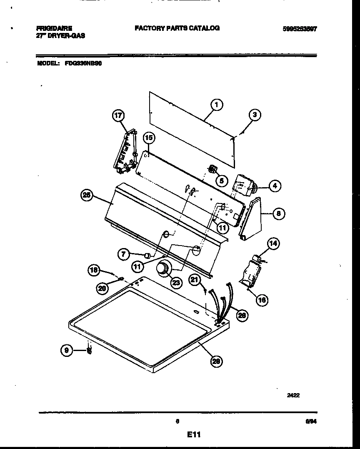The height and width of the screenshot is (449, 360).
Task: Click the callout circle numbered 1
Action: click(216, 105)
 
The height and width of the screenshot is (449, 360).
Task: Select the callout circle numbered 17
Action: click(119, 116)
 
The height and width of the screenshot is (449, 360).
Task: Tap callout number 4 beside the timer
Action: click(275, 186)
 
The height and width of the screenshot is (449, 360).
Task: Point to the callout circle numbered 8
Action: click(278, 214)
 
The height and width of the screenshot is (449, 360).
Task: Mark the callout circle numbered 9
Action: click(66, 351)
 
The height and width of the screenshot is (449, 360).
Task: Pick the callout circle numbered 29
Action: click(216, 361)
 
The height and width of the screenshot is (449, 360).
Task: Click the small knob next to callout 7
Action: click(146, 255)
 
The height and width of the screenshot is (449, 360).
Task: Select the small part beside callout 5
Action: click(212, 169)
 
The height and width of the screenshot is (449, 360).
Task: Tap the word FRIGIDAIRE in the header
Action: click(54, 28)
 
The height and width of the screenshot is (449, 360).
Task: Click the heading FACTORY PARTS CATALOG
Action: click(177, 28)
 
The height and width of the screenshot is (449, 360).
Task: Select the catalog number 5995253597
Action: click(299, 29)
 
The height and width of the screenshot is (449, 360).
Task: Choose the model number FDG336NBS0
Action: click(83, 64)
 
